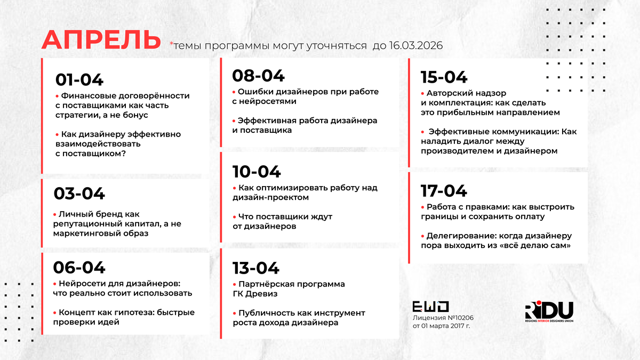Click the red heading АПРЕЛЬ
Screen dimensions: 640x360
tap(101, 39)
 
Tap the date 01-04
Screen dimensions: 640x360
tap(79, 79)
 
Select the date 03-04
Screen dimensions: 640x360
tap(79, 194)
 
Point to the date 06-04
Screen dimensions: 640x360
tap(79, 268)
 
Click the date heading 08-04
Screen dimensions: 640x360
tap(258, 76)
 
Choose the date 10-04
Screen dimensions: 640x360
tap(257, 172)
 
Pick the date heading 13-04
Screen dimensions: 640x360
tap(255, 268)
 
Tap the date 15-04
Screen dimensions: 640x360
tap(444, 77)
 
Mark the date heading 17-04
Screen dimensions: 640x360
tap(444, 191)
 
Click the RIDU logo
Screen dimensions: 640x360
tap(549, 311)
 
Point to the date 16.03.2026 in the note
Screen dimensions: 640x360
tap(415, 45)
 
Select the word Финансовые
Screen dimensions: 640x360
tap(89, 95)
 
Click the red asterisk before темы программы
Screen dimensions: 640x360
tap(171, 43)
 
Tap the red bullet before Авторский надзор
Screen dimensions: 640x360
tap(422, 93)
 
